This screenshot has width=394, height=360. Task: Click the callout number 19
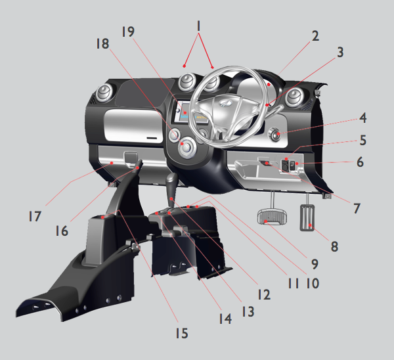128,32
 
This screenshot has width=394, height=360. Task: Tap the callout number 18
103,44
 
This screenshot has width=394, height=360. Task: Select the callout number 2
316,36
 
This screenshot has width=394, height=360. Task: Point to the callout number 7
357,209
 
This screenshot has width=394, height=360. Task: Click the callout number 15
182,334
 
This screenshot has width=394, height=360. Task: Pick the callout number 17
35,216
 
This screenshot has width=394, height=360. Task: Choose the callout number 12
265,294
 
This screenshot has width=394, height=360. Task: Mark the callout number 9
315,264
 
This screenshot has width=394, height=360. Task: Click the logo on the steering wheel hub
224,103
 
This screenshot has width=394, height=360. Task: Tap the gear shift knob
172,179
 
